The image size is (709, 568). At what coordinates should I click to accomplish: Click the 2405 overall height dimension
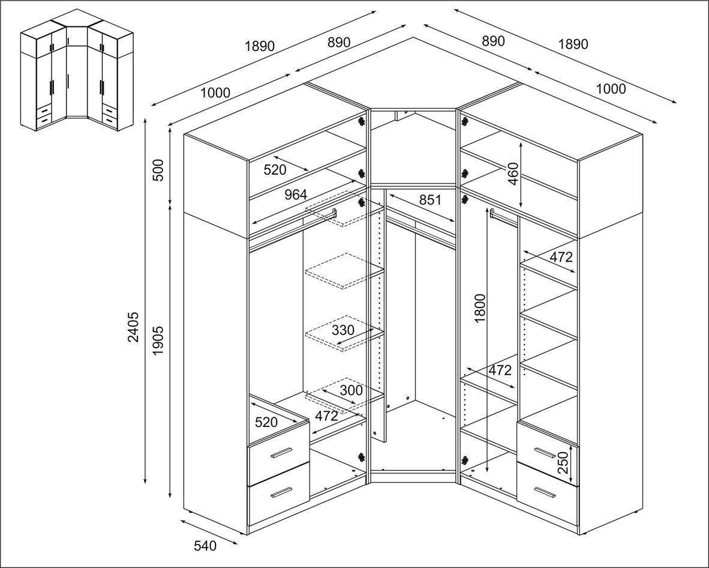pyautogui.click(x=133, y=327)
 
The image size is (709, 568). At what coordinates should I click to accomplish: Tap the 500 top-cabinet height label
pyautogui.click(x=158, y=170)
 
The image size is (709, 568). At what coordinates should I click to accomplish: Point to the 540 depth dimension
pyautogui.click(x=205, y=546)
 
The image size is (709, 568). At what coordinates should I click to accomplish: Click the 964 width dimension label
pyautogui.click(x=296, y=195)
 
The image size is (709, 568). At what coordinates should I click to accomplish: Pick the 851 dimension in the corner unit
pyautogui.click(x=429, y=199)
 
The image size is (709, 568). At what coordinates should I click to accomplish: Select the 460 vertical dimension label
pyautogui.click(x=513, y=174)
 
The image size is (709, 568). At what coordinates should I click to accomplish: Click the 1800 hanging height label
pyautogui.click(x=480, y=308)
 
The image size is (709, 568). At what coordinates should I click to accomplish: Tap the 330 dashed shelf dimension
pyautogui.click(x=343, y=330)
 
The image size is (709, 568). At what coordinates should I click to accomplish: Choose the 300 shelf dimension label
pyautogui.click(x=352, y=390)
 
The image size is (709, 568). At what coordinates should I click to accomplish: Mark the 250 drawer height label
pyautogui.click(x=563, y=462)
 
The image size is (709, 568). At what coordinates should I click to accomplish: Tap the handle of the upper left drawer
pyautogui.click(x=281, y=453)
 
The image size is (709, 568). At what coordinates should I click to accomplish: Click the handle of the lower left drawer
pyautogui.click(x=281, y=492)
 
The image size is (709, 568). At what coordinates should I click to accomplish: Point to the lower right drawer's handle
pyautogui.click(x=544, y=492)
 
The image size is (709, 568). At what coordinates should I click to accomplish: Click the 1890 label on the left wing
pyautogui.click(x=260, y=46)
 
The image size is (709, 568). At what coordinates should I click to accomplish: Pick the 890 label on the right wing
pyautogui.click(x=493, y=41)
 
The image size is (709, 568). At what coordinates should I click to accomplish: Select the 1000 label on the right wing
pyautogui.click(x=611, y=89)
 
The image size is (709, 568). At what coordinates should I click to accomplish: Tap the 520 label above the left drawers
pyautogui.click(x=266, y=422)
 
